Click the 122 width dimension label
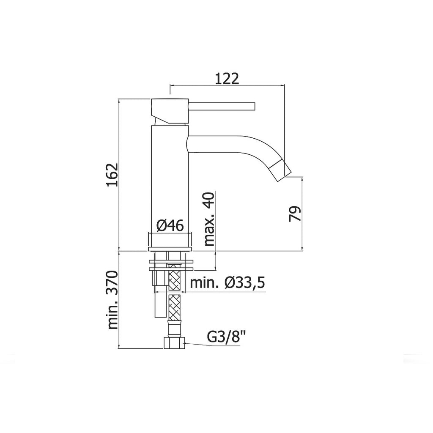click(227, 78)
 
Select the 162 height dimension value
click(111, 175)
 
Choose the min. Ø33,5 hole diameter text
click(227, 283)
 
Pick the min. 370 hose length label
click(112, 301)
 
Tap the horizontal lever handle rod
click(222, 105)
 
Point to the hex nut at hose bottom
click(174, 343)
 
